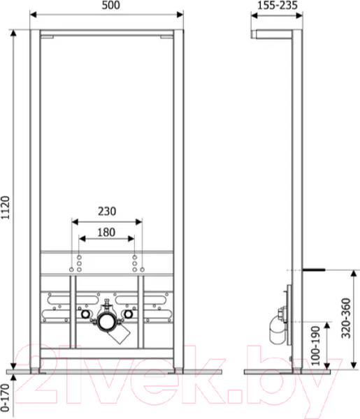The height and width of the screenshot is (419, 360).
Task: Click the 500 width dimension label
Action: [x=110, y=6]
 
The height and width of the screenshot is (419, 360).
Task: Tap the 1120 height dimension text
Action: [x=5, y=207]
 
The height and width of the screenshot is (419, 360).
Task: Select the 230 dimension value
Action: [x=107, y=211]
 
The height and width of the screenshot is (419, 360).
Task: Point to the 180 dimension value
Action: [x=106, y=233]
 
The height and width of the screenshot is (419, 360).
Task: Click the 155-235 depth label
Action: [x=278, y=6]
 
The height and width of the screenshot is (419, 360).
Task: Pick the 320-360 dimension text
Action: [x=346, y=318]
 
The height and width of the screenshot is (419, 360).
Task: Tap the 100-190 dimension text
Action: [x=315, y=346]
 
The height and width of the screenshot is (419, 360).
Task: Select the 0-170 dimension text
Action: [x=5, y=397]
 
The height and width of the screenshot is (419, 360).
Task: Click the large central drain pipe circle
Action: [x=107, y=321]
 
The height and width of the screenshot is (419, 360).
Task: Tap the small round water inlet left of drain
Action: [x=85, y=314]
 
